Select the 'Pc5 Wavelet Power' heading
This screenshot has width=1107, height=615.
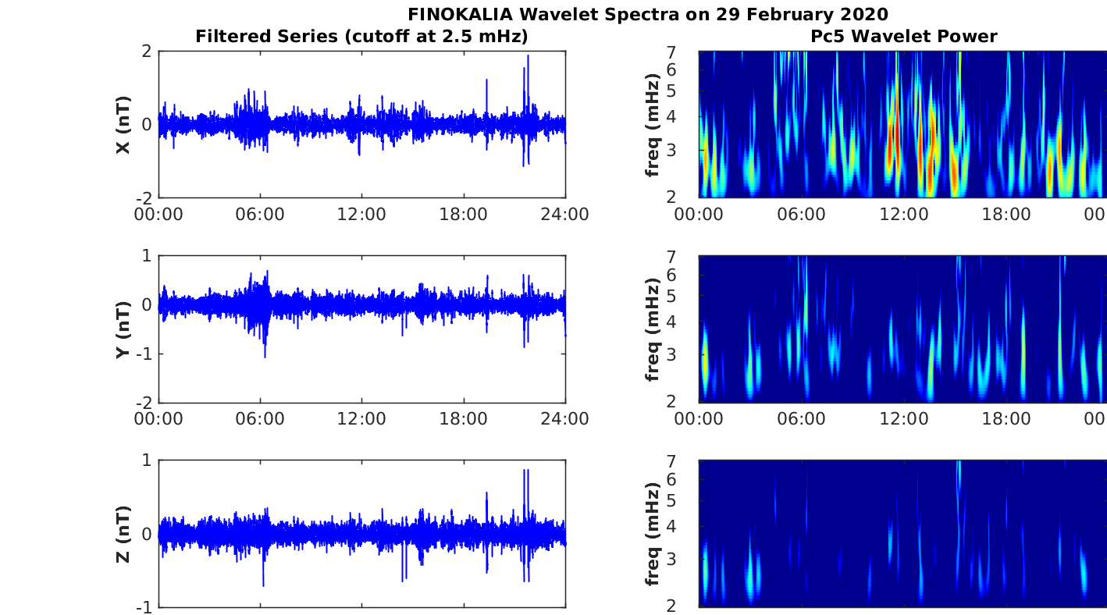coord(903,36)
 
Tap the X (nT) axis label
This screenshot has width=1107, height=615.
coord(123,125)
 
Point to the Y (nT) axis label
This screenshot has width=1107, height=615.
coord(123,329)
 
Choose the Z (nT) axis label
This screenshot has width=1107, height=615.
coord(123,534)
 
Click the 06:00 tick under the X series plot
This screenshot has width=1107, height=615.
coord(260,214)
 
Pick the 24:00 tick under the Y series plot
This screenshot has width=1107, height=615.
coord(564,419)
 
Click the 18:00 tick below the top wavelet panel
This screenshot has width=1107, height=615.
coord(1006,214)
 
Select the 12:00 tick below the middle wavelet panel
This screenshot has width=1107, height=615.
coord(903,419)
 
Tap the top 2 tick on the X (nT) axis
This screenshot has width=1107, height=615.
coord(145,52)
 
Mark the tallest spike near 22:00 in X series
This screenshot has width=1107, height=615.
coord(528,56)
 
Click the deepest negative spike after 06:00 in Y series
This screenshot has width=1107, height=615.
coord(265,357)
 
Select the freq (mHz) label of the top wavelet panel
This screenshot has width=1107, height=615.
coord(653,125)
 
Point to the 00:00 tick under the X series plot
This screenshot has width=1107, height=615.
coord(158,214)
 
